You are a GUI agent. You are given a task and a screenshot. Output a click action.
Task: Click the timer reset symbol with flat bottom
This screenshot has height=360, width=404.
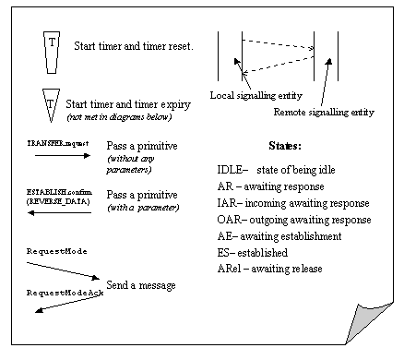pyautogui.click(x=52, y=53)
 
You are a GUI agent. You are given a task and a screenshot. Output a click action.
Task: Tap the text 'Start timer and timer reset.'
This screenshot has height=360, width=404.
pyautogui.click(x=134, y=46)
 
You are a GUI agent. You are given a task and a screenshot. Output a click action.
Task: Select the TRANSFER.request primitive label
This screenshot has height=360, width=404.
pyautogui.click(x=58, y=143)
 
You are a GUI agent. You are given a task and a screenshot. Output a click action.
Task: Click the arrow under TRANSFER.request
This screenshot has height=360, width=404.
pyautogui.click(x=63, y=155)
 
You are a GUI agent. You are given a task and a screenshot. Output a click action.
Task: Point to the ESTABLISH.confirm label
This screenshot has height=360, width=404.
pyautogui.click(x=59, y=192)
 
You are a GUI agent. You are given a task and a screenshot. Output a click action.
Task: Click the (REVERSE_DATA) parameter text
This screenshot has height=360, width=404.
pyautogui.click(x=58, y=201)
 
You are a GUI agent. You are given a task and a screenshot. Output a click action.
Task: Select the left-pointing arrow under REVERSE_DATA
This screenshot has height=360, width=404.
pyautogui.click(x=59, y=212)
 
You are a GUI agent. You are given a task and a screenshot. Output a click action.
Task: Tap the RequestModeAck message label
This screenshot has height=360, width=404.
pyautogui.click(x=65, y=293)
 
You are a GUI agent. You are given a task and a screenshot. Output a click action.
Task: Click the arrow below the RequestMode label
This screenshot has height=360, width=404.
pyautogui.click(x=63, y=270)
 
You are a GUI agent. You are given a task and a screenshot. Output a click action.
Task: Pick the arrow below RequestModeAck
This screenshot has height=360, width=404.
pyautogui.click(x=68, y=305)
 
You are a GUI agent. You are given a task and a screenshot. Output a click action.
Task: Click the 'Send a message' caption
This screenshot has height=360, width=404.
pyautogui.click(x=141, y=285)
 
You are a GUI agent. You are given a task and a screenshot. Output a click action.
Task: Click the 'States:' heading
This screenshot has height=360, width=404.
pyautogui.click(x=285, y=145)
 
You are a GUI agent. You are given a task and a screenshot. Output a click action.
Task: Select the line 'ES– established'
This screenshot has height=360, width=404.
pyautogui.click(x=253, y=253)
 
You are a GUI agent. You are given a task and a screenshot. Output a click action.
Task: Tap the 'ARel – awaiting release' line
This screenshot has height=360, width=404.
pyautogui.click(x=269, y=269)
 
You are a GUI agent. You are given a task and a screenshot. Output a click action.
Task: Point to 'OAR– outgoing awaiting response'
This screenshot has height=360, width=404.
pyautogui.click(x=294, y=220)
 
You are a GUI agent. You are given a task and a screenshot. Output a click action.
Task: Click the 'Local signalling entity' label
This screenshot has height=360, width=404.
pyautogui.click(x=256, y=95)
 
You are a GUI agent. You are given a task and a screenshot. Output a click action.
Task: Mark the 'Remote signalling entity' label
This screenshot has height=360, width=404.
pyautogui.click(x=324, y=112)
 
